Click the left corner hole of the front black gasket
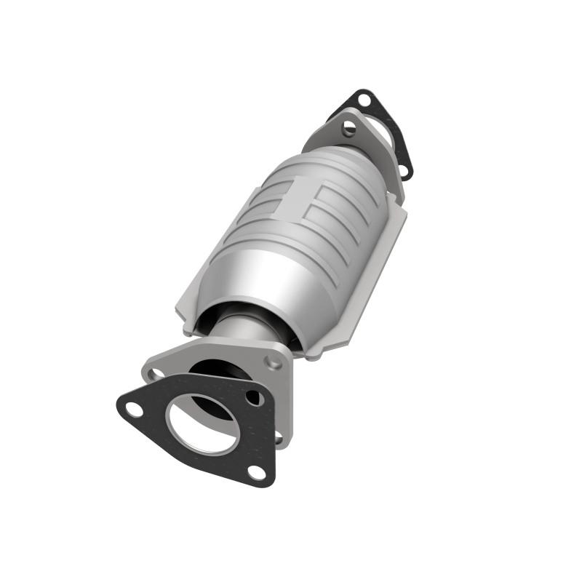[x=134, y=409]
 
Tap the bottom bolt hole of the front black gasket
[x=256, y=472]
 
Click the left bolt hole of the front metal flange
[x=156, y=374]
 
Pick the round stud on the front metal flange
[x=273, y=362]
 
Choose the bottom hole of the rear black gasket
[x=404, y=172]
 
